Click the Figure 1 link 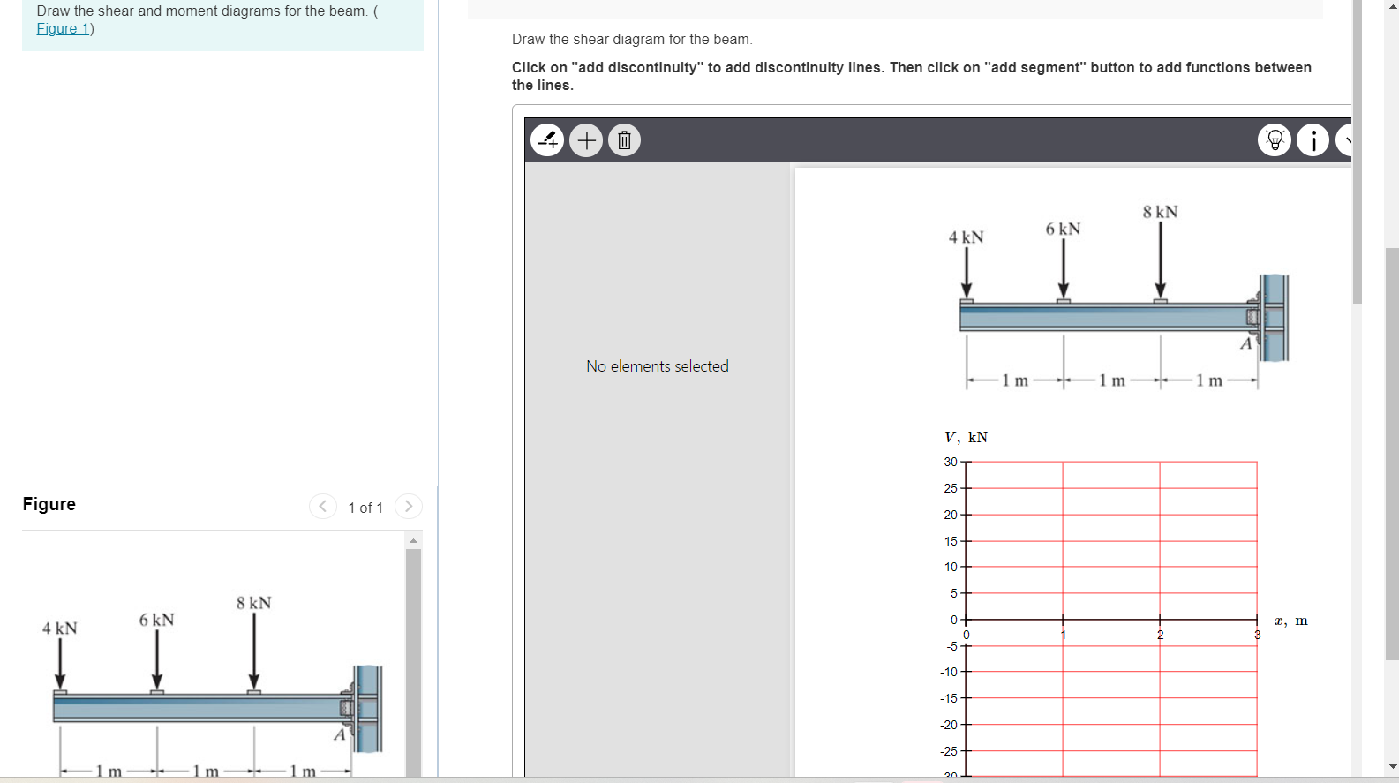63,28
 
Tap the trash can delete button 624,140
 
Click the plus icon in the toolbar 586,140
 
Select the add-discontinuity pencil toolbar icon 547,140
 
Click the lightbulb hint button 1274,140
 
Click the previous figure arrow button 323,506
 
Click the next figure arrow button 408,506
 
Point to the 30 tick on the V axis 951,462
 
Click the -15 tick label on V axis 949,698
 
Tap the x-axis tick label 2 1160,635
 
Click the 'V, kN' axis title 966,437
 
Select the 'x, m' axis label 1290,621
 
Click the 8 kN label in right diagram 1160,212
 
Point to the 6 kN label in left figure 156,620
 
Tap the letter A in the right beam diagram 1245,343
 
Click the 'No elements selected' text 658,366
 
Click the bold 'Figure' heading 49,504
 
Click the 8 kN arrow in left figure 254,649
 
